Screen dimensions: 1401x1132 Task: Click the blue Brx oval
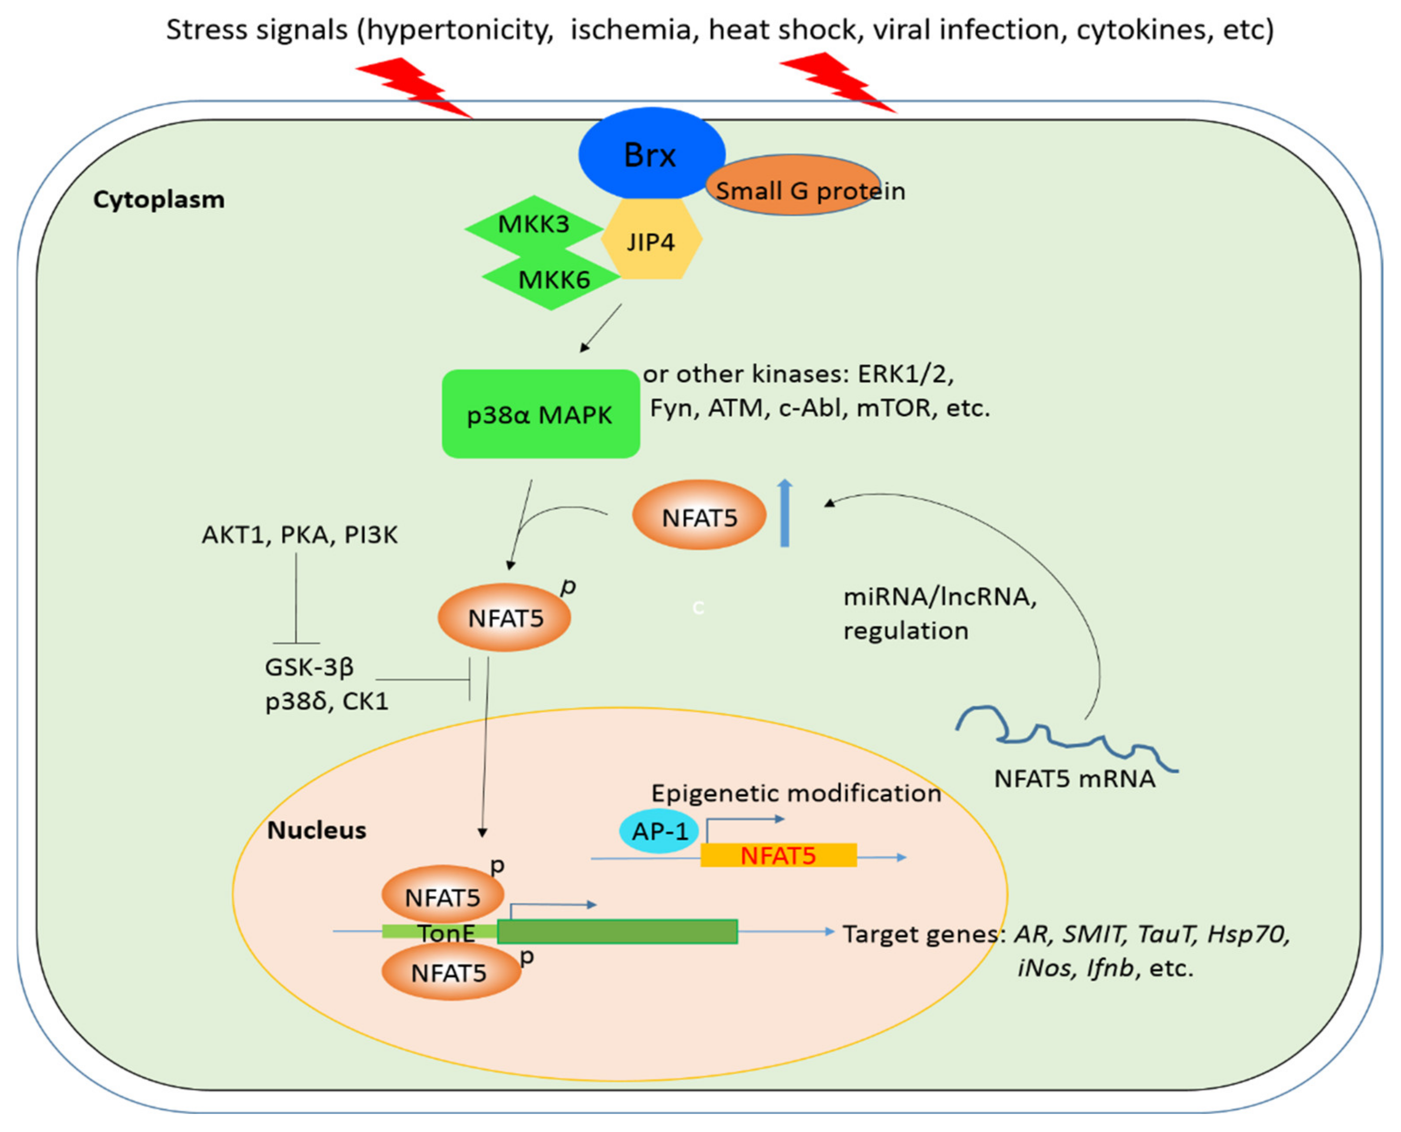point(651,154)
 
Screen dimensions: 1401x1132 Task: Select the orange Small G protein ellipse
point(793,185)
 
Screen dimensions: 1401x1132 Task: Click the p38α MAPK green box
point(541,413)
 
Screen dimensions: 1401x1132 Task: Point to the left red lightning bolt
point(414,87)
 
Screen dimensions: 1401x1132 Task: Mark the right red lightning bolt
point(838,82)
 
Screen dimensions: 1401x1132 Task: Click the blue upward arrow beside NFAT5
point(785,513)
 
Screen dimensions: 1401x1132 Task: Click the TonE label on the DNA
point(447,933)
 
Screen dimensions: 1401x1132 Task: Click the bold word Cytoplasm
point(159,200)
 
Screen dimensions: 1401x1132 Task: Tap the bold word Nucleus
point(317,830)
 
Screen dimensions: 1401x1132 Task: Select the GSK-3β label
point(309,667)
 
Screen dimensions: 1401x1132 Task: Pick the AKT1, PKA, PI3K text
point(299,535)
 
